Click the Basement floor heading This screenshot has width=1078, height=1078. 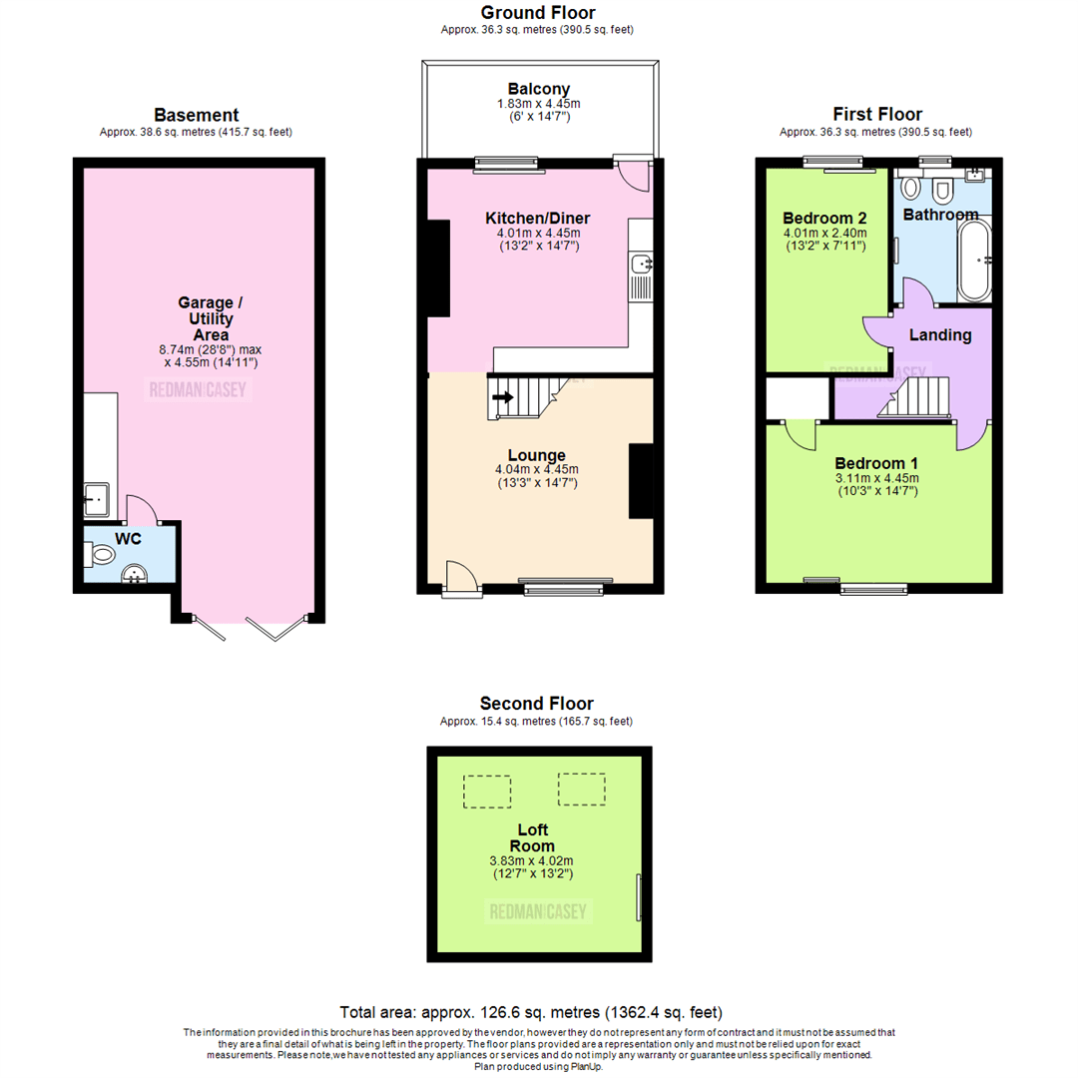pyautogui.click(x=197, y=115)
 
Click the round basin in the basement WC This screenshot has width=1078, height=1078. pyautogui.click(x=133, y=572)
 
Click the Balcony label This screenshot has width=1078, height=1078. pyautogui.click(x=538, y=87)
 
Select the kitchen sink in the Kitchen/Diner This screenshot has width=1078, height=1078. pyautogui.click(x=641, y=265)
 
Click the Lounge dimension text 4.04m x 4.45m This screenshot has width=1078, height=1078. pyautogui.click(x=537, y=470)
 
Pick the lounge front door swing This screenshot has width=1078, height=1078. pyautogui.click(x=459, y=575)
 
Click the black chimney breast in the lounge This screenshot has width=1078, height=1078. pyautogui.click(x=640, y=481)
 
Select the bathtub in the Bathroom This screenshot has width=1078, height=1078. pyautogui.click(x=973, y=261)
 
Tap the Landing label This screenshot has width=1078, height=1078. pyautogui.click(x=939, y=335)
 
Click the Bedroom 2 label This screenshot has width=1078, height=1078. pyautogui.click(x=824, y=219)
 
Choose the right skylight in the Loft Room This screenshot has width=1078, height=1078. pyautogui.click(x=581, y=789)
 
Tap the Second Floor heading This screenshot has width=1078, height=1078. pyautogui.click(x=536, y=703)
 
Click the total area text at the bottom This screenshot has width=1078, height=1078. pyautogui.click(x=531, y=1011)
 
